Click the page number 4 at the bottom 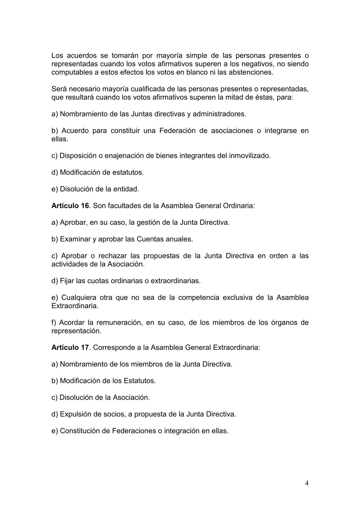pyautogui.click(x=307, y=483)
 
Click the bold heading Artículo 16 pyautogui.click(x=70, y=206)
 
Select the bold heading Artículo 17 pyautogui.click(x=70, y=347)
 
